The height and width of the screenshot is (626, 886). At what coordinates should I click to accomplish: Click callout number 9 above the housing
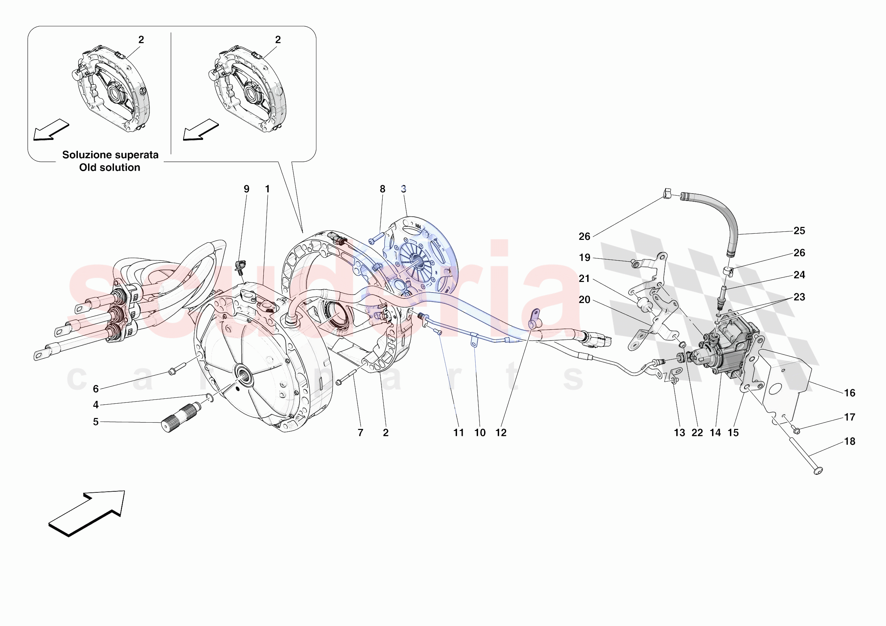click(246, 189)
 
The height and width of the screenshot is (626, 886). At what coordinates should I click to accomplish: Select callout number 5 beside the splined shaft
click(96, 422)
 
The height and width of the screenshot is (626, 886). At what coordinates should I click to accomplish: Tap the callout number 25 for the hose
click(799, 231)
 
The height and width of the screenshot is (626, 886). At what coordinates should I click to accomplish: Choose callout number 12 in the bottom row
click(501, 433)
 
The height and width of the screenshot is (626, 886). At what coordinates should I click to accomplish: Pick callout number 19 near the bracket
click(584, 257)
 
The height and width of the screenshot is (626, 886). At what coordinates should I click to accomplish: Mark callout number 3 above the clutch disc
click(403, 189)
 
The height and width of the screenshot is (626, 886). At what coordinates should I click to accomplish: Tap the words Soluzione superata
click(110, 155)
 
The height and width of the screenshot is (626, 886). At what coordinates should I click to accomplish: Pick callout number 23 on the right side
click(799, 297)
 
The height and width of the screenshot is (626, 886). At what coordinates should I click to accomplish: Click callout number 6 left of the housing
click(96, 389)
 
